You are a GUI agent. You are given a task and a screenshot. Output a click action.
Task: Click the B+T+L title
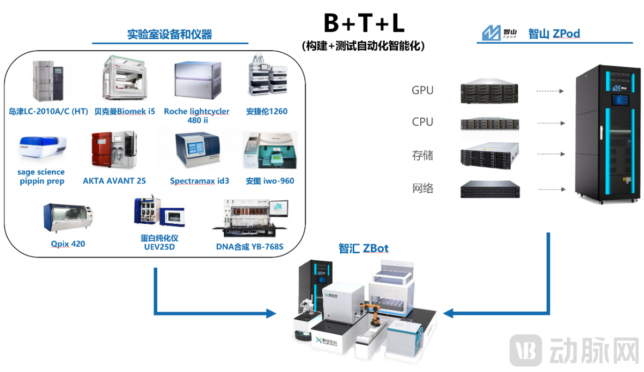364,23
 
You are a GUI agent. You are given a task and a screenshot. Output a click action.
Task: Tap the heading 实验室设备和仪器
169,35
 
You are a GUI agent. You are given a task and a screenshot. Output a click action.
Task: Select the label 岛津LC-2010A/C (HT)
48,112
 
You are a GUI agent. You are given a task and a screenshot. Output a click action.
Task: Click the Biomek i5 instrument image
125,81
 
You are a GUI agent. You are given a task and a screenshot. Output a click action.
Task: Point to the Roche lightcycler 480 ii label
197,115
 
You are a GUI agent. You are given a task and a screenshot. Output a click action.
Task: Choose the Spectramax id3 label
199,181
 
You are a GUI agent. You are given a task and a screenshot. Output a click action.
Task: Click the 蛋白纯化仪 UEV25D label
158,243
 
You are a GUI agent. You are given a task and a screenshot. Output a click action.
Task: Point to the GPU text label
422,90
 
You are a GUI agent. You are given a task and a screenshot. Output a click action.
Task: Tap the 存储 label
422,156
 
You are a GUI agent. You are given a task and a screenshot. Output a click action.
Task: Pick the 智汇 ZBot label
364,249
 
